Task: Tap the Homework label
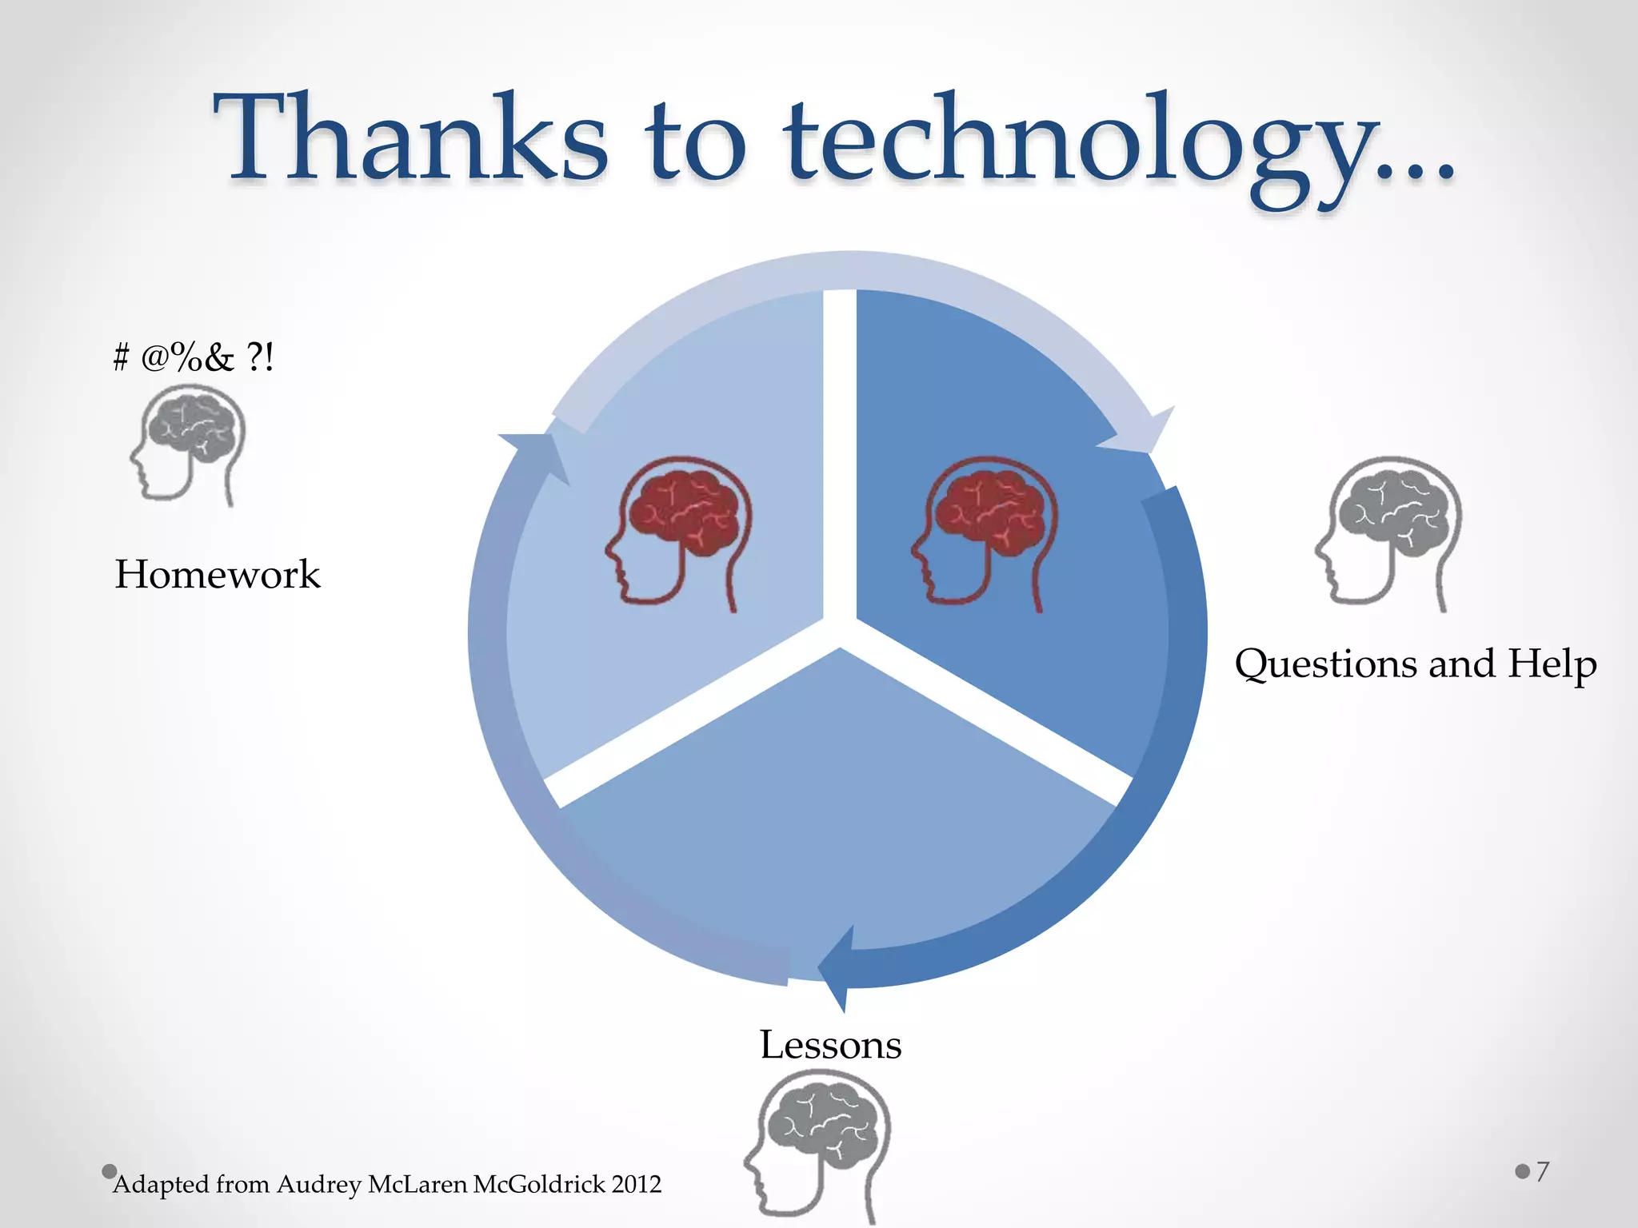pyautogui.click(x=217, y=574)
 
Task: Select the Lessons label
pyautogui.click(x=830, y=1045)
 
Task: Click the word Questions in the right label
pyautogui.click(x=1324, y=665)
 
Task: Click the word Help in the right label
pyautogui.click(x=1552, y=665)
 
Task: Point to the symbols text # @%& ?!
pyautogui.click(x=194, y=357)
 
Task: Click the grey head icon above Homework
pyautogui.click(x=190, y=444)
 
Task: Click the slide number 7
pyautogui.click(x=1542, y=1171)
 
